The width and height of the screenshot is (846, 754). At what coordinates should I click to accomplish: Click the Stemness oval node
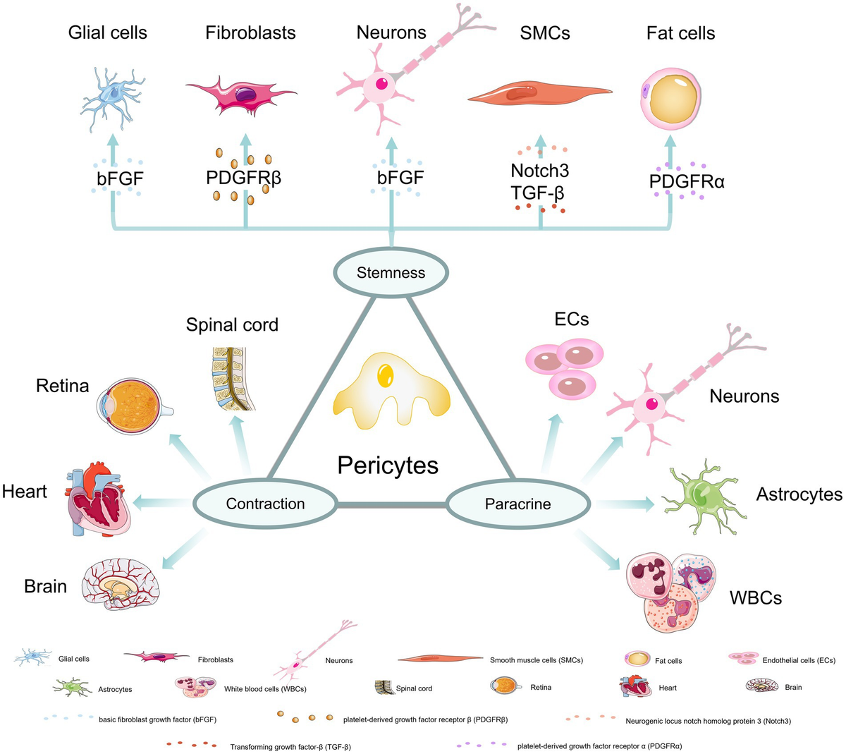point(391,272)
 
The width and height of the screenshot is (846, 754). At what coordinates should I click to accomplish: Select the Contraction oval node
point(265,504)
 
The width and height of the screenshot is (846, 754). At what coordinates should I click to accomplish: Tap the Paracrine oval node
point(517,504)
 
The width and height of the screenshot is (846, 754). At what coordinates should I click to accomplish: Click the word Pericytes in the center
point(388,465)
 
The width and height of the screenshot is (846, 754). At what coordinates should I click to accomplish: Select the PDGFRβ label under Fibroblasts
point(243,178)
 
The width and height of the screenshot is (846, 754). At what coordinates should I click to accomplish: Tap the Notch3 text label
point(539,170)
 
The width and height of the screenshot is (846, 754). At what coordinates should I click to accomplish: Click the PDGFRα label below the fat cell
point(687,181)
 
